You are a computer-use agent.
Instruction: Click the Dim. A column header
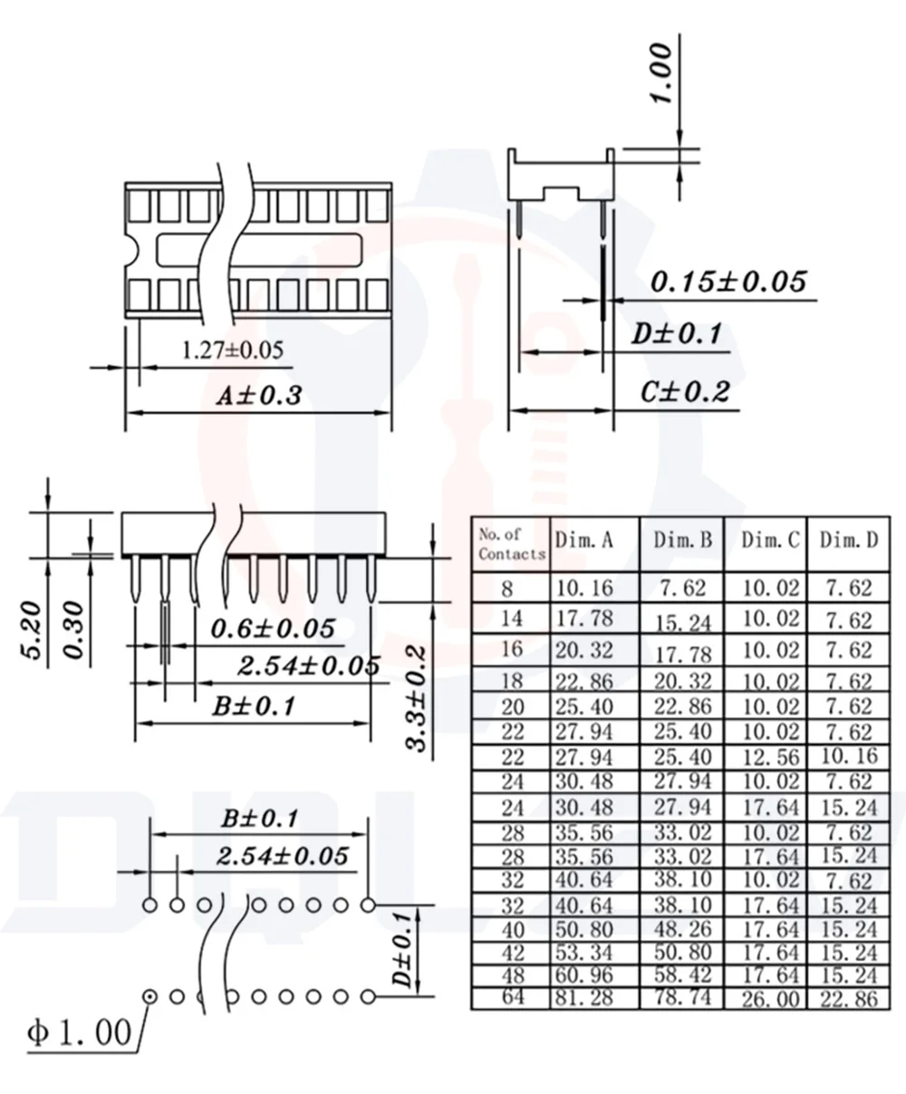pos(584,540)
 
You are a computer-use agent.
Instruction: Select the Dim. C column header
pos(770,540)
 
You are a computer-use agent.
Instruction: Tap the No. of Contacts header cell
pos(512,544)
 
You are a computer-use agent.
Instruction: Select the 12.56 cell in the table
pos(771,757)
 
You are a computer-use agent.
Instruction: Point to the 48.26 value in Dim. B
pos(682,929)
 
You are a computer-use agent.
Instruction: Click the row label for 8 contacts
pos(506,589)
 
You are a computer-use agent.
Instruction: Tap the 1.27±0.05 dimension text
pos(232,350)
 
